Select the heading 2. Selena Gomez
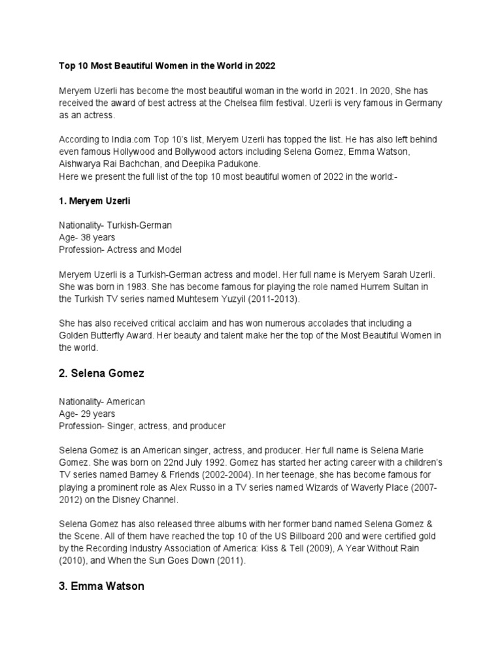coord(101,374)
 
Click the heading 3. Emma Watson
coord(101,586)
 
